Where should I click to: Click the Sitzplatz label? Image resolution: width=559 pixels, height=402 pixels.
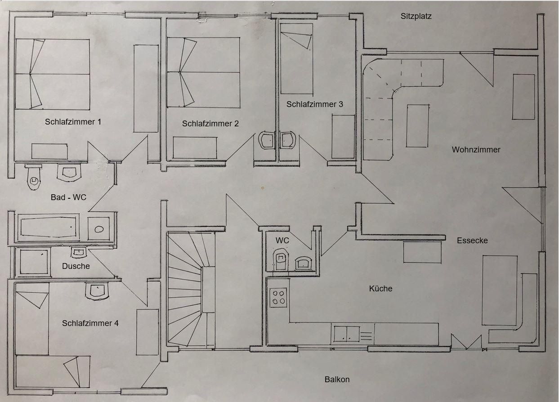click(x=416, y=16)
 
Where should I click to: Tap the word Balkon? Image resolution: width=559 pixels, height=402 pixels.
click(x=337, y=380)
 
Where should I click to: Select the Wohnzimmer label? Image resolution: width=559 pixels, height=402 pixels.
click(x=476, y=150)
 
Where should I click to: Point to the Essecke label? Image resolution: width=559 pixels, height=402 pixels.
click(x=472, y=240)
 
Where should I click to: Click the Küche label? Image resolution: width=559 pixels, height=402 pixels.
click(x=380, y=289)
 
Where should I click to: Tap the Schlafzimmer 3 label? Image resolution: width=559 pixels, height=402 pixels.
click(x=314, y=104)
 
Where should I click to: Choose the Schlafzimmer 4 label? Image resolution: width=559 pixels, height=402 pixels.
click(x=90, y=323)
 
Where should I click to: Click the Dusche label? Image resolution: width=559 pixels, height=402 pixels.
click(x=76, y=266)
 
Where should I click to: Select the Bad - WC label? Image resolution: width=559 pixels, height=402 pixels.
click(x=68, y=197)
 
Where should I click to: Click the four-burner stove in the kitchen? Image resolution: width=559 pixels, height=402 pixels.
click(x=278, y=297)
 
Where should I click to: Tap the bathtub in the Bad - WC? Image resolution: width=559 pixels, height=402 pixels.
click(x=49, y=227)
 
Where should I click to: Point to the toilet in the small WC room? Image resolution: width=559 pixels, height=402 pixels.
click(x=281, y=259)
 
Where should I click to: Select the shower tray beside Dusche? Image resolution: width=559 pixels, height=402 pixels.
click(x=33, y=262)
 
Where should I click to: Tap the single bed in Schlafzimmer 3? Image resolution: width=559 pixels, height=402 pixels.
click(x=296, y=59)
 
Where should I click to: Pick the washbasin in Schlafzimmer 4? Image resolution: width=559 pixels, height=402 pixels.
click(x=97, y=290)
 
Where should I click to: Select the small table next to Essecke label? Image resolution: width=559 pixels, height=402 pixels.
click(x=422, y=252)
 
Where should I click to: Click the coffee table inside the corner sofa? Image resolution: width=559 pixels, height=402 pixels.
click(x=417, y=126)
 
